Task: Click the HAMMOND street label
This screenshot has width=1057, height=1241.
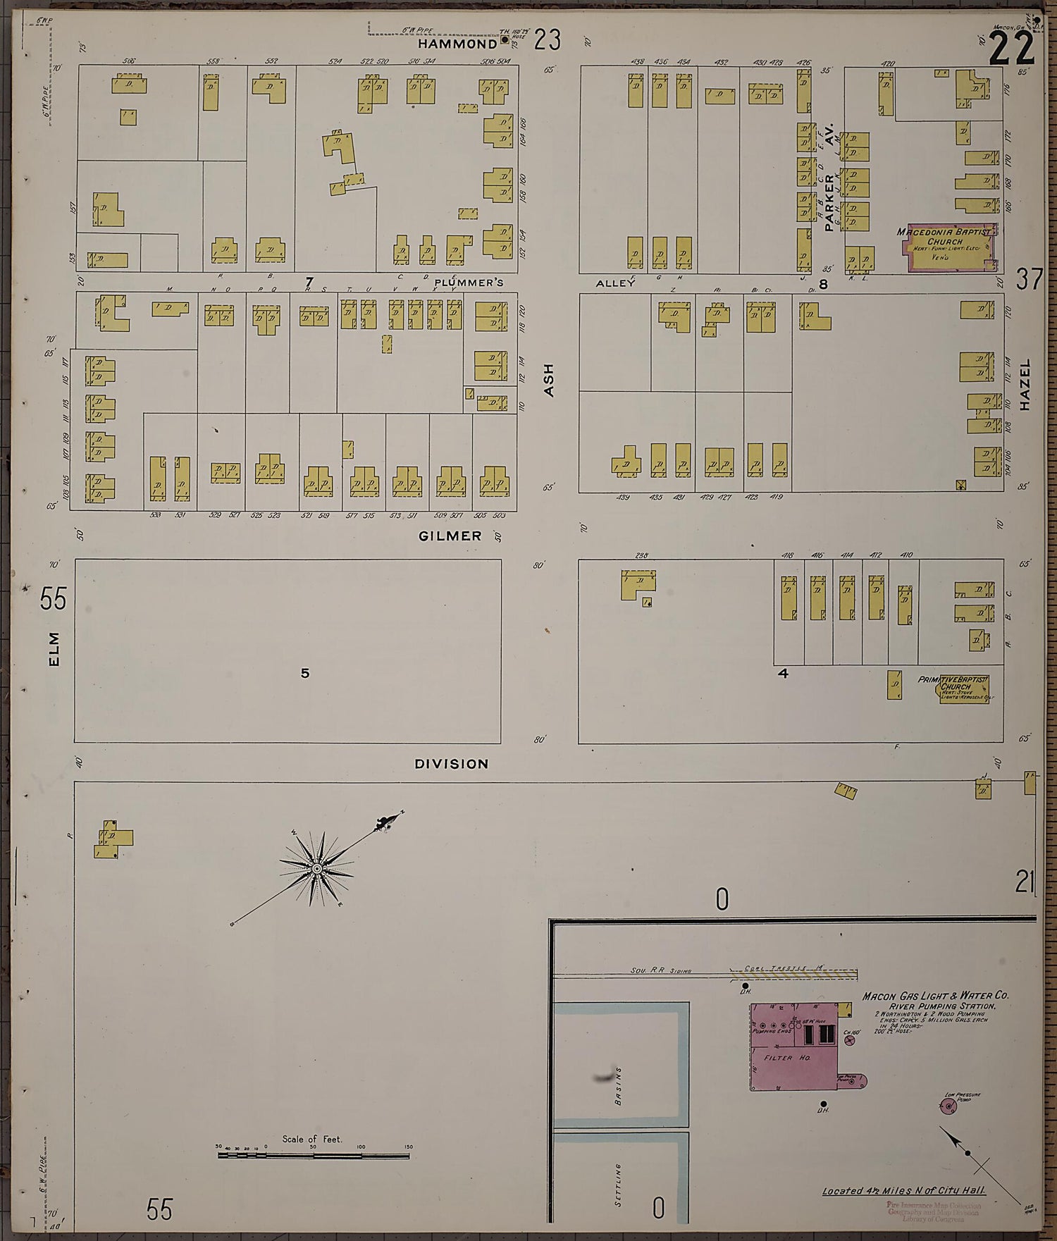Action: pyautogui.click(x=457, y=44)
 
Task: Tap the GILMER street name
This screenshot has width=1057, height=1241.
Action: pyautogui.click(x=450, y=536)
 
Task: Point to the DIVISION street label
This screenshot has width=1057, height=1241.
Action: pyautogui.click(x=451, y=763)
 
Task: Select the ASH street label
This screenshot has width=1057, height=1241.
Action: pyautogui.click(x=550, y=380)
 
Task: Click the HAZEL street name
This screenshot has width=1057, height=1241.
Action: pyautogui.click(x=1025, y=385)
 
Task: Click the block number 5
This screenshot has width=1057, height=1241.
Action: pyautogui.click(x=304, y=673)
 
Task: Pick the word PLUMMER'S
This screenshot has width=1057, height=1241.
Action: pyautogui.click(x=469, y=283)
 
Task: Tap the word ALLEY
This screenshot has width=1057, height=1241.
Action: pyautogui.click(x=611, y=283)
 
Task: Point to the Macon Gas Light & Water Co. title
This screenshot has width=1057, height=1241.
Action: pyautogui.click(x=935, y=996)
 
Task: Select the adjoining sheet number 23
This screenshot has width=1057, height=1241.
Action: pyautogui.click(x=547, y=40)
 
